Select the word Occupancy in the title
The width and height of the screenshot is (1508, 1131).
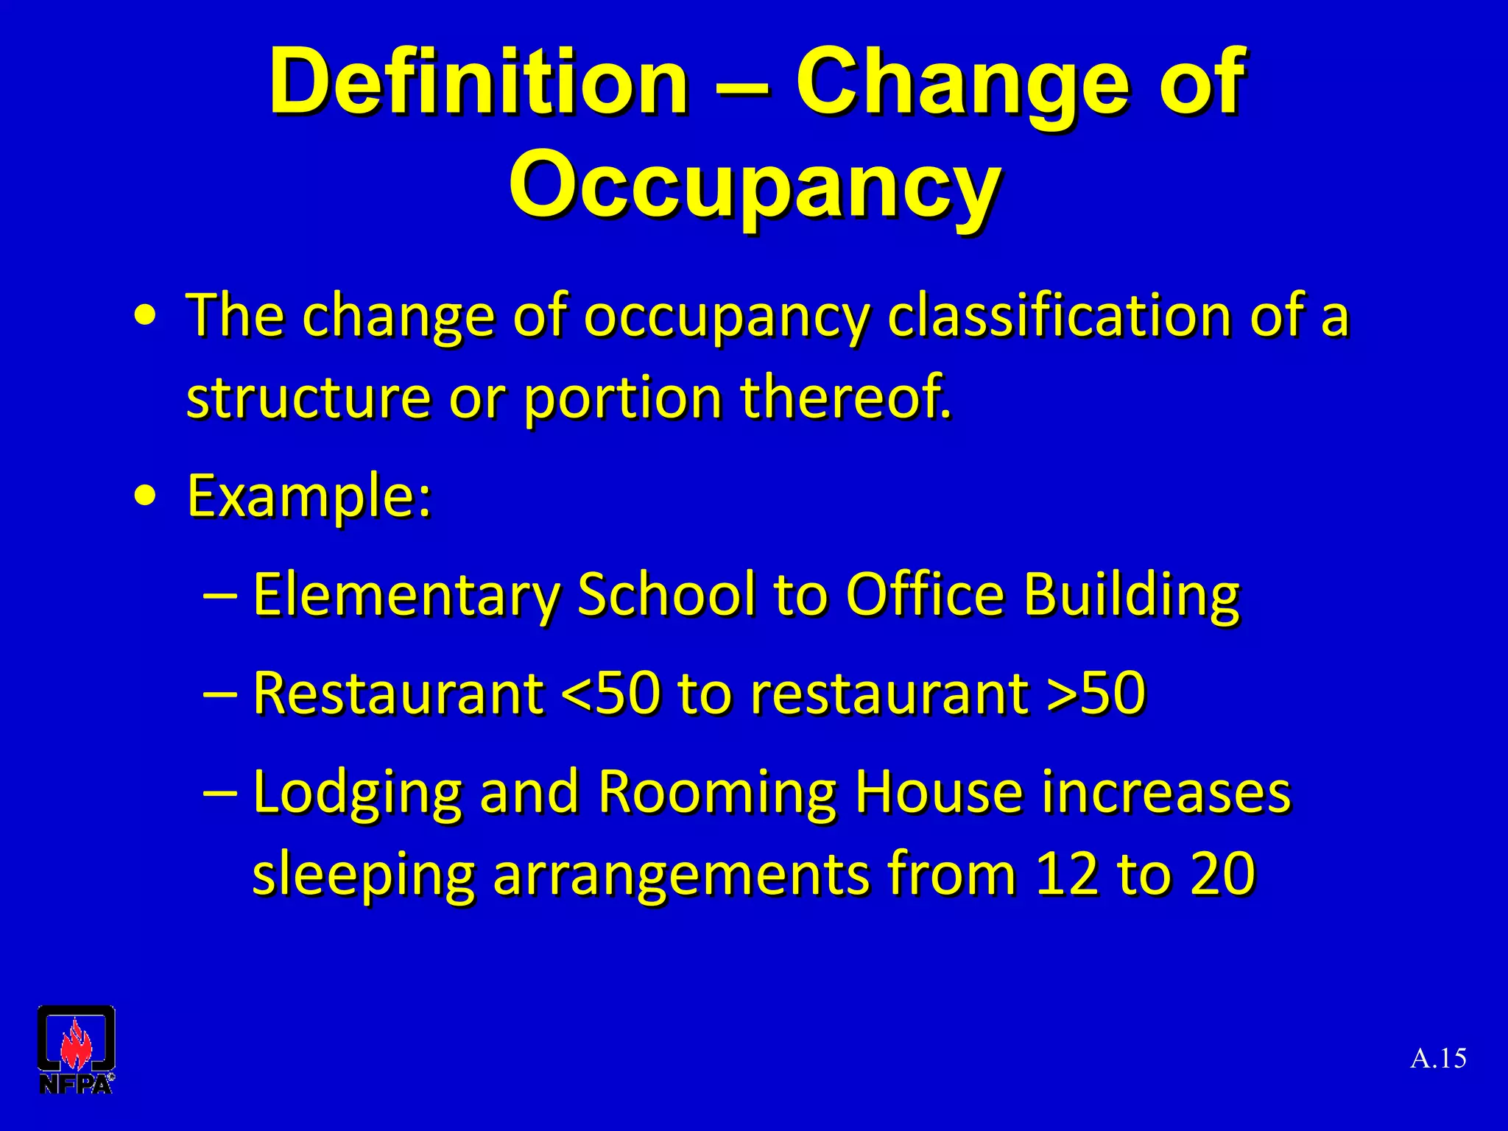click(x=754, y=184)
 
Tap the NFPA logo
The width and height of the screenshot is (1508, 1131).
click(x=76, y=1049)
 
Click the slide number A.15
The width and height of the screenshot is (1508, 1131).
click(x=1438, y=1059)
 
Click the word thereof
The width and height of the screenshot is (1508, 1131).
click(x=845, y=398)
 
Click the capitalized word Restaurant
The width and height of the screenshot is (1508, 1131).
click(x=398, y=693)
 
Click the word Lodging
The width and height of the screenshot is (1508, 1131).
click(x=357, y=794)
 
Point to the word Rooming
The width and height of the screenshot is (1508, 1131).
click(x=716, y=794)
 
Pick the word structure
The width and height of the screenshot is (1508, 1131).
click(x=308, y=398)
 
